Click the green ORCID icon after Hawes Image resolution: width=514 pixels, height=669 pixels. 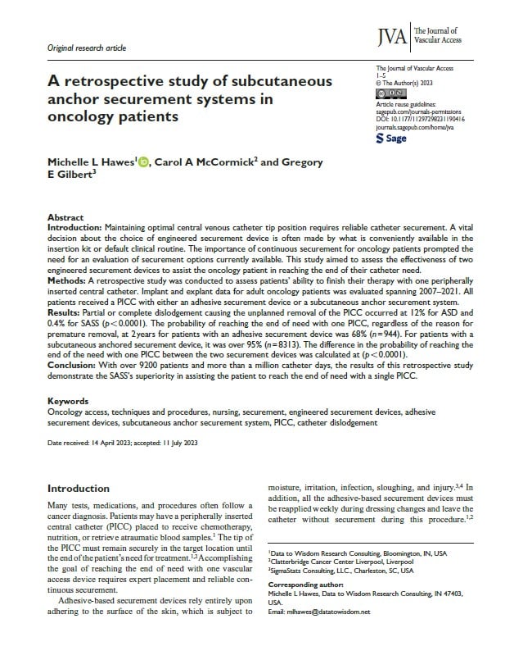point(145,164)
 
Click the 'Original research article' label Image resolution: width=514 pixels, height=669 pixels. point(88,48)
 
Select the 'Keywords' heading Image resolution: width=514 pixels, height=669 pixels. point(69,401)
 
